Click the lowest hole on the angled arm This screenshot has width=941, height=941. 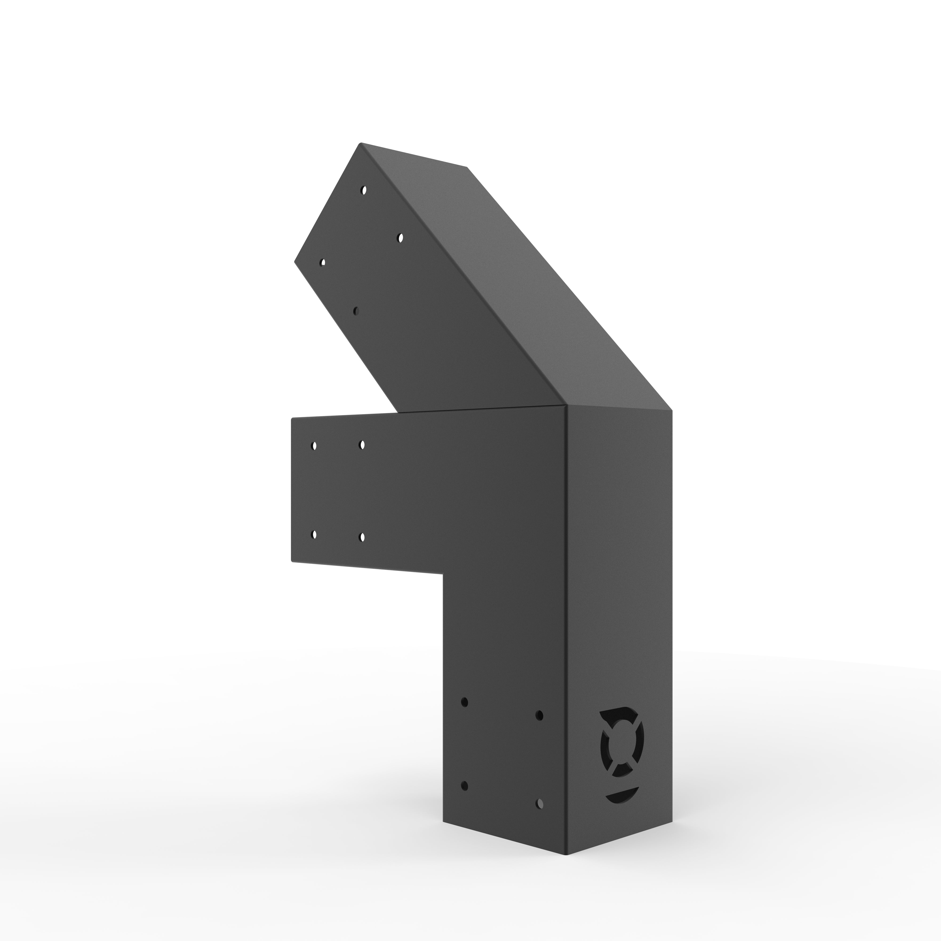(x=356, y=310)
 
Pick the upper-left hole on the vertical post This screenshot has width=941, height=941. (x=464, y=702)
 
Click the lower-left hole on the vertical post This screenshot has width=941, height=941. (x=464, y=786)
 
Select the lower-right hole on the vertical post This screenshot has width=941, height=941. (x=539, y=802)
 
